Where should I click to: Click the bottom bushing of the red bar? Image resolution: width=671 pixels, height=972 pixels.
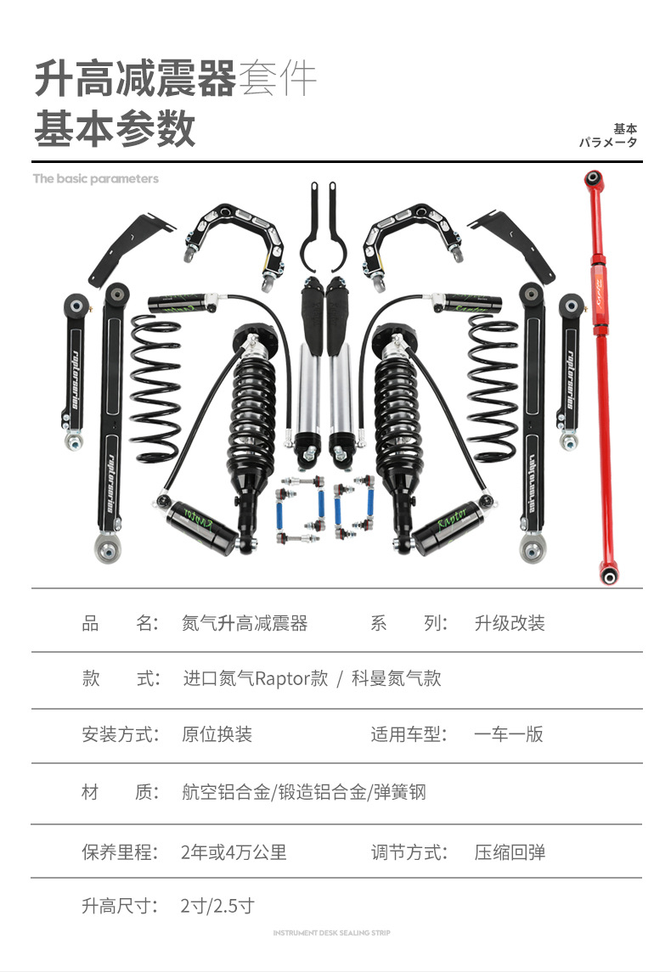click(608, 576)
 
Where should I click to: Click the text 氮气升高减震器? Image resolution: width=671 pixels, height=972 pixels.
click(245, 624)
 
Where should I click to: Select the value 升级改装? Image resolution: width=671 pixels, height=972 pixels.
click(509, 624)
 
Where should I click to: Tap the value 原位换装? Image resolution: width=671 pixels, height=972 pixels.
click(217, 734)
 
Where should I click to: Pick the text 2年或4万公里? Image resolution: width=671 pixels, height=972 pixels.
click(234, 851)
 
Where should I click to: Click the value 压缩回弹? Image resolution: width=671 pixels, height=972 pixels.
click(509, 851)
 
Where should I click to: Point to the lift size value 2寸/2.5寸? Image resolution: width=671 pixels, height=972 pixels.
click(217, 906)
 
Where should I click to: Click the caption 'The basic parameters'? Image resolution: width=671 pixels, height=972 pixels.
click(96, 179)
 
